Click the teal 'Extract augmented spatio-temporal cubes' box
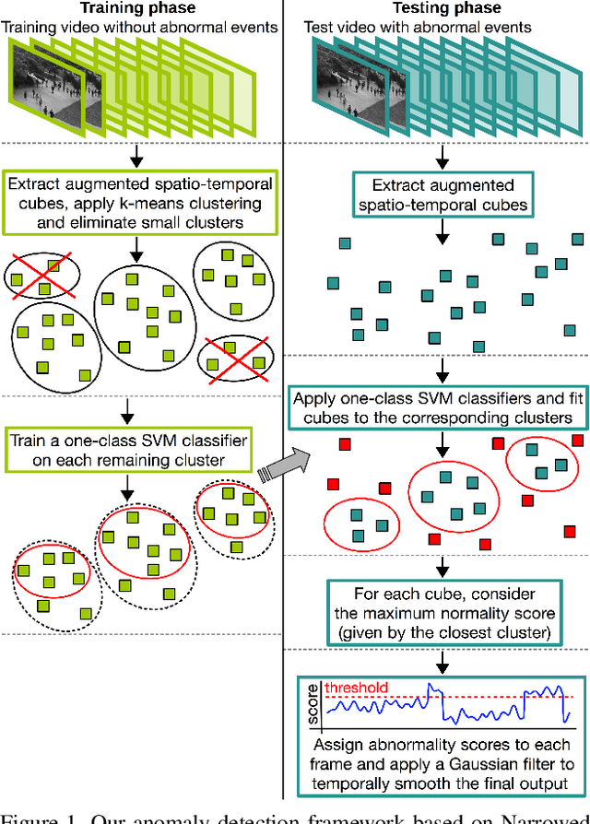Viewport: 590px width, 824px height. coord(443,194)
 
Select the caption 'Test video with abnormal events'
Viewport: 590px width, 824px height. coord(418,27)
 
